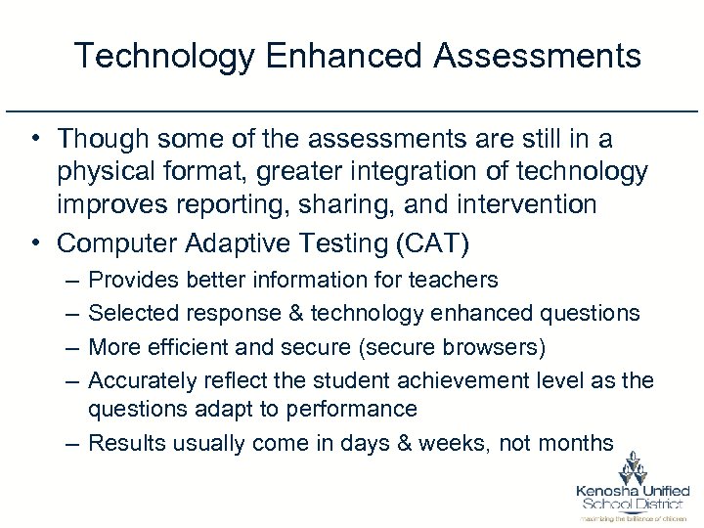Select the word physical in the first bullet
[x=105, y=173]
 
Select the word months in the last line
[x=577, y=442]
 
